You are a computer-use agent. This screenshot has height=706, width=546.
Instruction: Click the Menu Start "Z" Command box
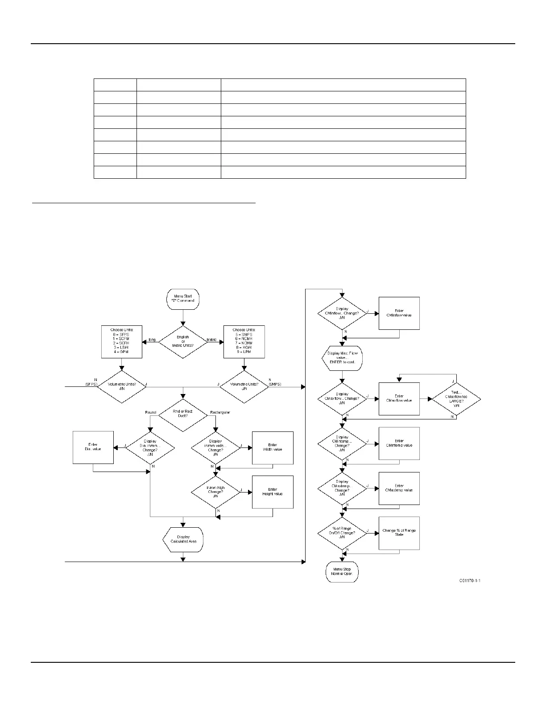pyautogui.click(x=183, y=299)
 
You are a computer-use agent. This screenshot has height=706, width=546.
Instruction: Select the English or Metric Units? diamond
pyautogui.click(x=183, y=342)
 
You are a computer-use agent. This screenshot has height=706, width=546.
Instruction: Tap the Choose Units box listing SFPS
pyautogui.click(x=121, y=342)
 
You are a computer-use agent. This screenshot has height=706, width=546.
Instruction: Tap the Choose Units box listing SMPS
pyautogui.click(x=244, y=342)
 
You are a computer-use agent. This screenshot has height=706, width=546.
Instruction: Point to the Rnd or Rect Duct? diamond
pyautogui.click(x=183, y=414)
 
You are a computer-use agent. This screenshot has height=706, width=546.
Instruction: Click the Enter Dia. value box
pyautogui.click(x=93, y=447)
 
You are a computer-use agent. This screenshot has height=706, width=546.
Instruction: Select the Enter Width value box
pyautogui.click(x=273, y=447)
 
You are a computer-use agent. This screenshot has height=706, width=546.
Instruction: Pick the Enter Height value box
pyautogui.click(x=273, y=492)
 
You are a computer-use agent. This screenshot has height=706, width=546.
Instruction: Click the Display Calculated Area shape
pyautogui.click(x=183, y=540)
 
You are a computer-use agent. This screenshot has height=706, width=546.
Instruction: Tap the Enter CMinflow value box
pyautogui.click(x=399, y=313)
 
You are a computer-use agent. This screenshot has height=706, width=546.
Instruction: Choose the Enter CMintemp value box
pyautogui.click(x=399, y=443)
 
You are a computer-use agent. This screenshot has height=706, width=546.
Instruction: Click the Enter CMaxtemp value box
pyautogui.click(x=399, y=488)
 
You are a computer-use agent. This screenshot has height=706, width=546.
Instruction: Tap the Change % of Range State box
pyautogui.click(x=399, y=533)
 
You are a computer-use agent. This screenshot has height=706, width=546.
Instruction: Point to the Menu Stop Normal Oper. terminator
pyautogui.click(x=342, y=572)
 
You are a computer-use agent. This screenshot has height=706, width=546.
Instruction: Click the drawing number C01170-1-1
pyautogui.click(x=470, y=581)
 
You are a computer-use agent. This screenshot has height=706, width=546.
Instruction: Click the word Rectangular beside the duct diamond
pyautogui.click(x=220, y=413)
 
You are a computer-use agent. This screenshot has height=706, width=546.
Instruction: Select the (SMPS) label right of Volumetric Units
pyautogui.click(x=275, y=384)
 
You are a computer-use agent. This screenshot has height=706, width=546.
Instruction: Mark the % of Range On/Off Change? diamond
pyautogui.click(x=342, y=533)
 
